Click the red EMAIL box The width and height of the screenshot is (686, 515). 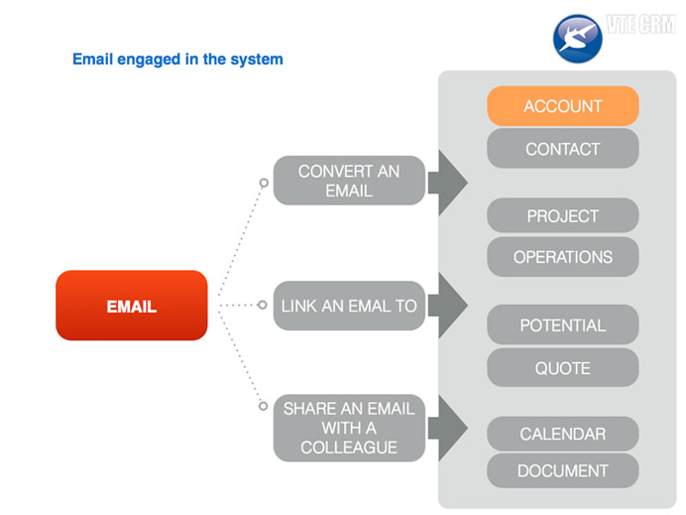[132, 306]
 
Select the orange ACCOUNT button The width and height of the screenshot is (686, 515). [563, 106]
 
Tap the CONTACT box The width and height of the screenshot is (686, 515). [563, 149]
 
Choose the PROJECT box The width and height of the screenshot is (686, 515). [563, 215]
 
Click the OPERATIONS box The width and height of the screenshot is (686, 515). [563, 257]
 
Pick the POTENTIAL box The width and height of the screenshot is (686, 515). [563, 324]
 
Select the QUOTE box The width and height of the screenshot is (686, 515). [563, 368]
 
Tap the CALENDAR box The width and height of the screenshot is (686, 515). [563, 434]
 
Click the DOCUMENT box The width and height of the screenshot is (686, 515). [563, 470]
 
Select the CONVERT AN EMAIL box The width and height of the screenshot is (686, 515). [349, 181]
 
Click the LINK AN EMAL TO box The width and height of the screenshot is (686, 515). [349, 306]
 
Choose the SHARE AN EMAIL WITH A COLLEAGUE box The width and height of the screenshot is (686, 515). [349, 428]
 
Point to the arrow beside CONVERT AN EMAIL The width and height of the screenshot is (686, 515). [447, 183]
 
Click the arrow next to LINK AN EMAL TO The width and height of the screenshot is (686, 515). [447, 306]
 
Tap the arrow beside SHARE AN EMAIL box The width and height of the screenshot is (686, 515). [447, 428]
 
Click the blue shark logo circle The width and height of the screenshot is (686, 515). [578, 39]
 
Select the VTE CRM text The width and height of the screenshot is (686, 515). [641, 24]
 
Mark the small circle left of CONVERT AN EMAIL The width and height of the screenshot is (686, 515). [264, 183]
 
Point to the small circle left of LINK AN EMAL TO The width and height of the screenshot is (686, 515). [262, 305]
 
